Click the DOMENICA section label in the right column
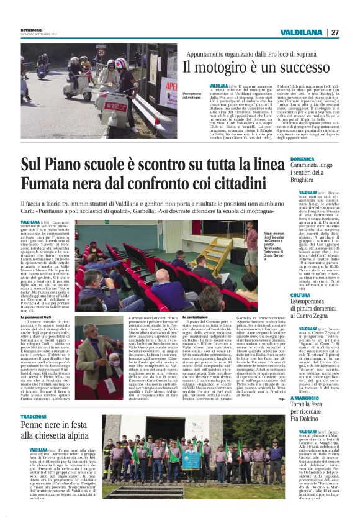(x=304, y=160)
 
